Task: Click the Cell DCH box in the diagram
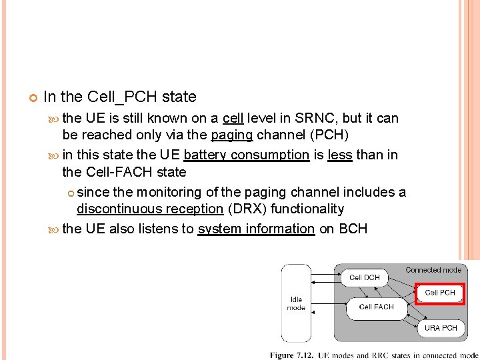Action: (365, 277)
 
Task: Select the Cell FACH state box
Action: (376, 307)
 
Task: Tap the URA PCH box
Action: (441, 327)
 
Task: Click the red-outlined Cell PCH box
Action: (440, 293)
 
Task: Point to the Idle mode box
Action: (295, 303)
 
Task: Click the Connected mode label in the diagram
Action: (433, 270)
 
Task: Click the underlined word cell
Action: (233, 118)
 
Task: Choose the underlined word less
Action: (340, 155)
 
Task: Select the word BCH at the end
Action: (353, 229)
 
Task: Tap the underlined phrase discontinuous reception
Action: (150, 209)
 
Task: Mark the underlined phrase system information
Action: (256, 229)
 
